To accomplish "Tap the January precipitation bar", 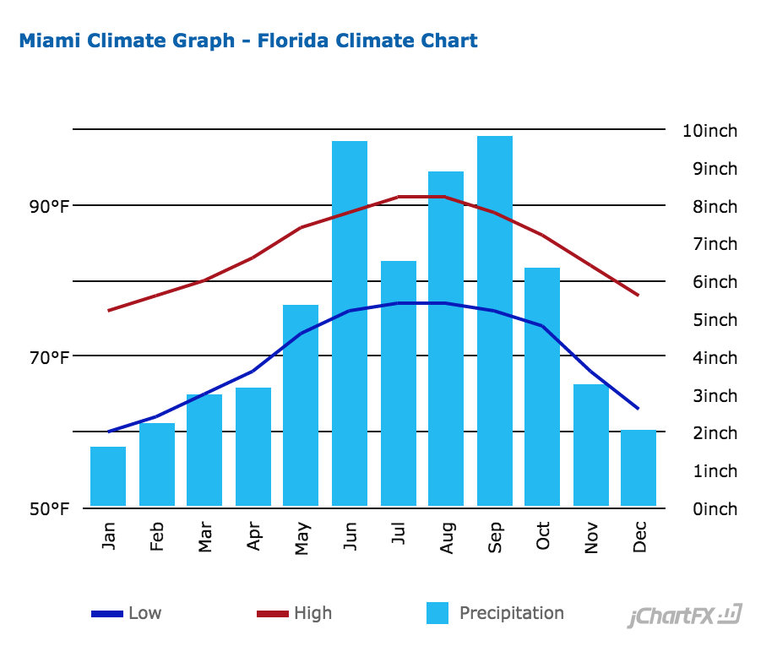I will [x=108, y=477].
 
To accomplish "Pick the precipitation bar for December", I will [x=638, y=469].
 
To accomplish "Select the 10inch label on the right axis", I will [x=709, y=131].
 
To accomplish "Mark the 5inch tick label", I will [x=709, y=320].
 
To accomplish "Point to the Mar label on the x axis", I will [x=204, y=538].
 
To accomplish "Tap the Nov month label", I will [x=590, y=537].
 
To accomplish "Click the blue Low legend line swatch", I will [x=107, y=614].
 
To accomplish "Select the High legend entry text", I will [x=312, y=614].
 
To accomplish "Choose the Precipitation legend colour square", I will [x=437, y=613].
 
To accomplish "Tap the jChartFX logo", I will [x=684, y=616].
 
